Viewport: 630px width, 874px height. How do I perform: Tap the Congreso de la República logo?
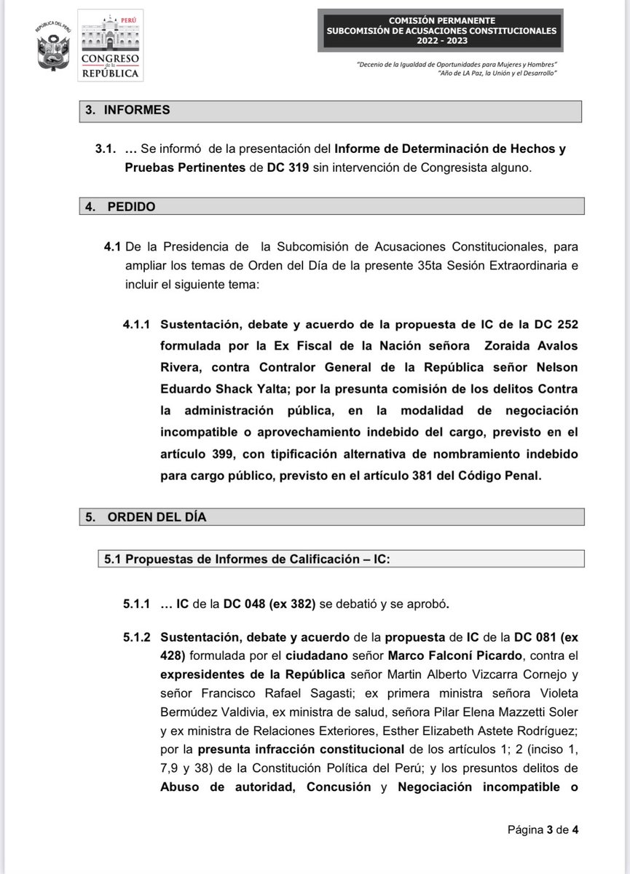point(111,44)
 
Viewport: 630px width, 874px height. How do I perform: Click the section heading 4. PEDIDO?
point(120,207)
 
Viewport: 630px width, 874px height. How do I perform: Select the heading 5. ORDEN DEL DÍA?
point(146,517)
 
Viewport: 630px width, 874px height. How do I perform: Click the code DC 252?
point(556,324)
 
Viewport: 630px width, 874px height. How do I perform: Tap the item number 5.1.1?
point(136,605)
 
